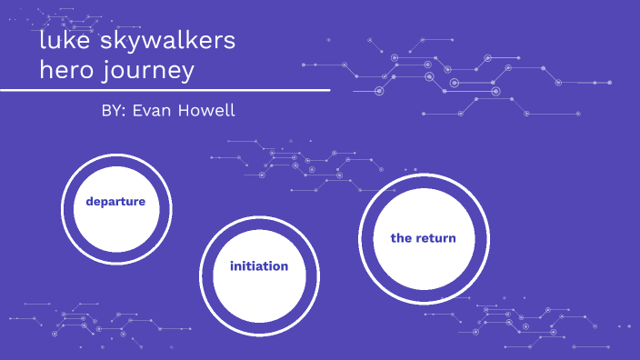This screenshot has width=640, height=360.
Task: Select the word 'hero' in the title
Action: coord(68,69)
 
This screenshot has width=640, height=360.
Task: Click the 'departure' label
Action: coord(115,202)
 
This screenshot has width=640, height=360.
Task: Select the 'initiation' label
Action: coord(259,266)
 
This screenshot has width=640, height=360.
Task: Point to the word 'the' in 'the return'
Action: coord(402,238)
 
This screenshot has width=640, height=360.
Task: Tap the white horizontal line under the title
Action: coord(164,90)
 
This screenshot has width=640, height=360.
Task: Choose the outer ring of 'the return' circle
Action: coord(362,238)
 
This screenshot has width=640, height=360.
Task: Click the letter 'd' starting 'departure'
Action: coord(90,202)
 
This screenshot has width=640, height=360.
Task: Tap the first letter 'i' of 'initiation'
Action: coord(232,266)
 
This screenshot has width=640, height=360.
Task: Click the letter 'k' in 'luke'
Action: coord(68,42)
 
